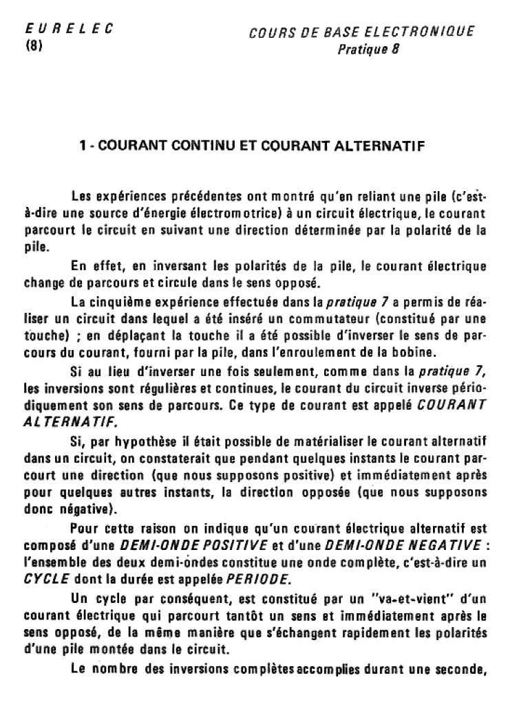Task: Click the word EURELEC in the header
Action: pos(68,30)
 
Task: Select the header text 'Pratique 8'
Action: pos(368,50)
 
